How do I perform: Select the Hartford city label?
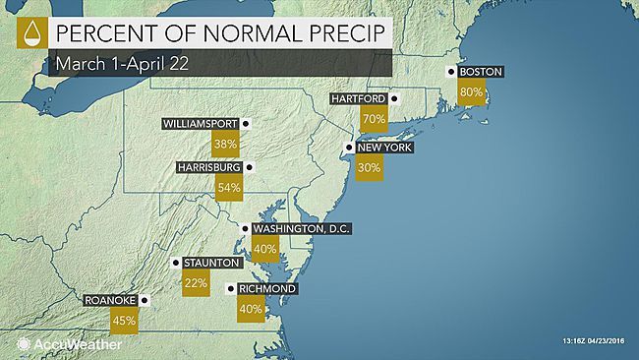(x=358, y=99)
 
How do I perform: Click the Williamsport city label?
(x=202, y=125)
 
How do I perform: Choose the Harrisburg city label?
(x=209, y=167)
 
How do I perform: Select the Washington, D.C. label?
(x=301, y=228)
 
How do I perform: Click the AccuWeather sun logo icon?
(x=23, y=344)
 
